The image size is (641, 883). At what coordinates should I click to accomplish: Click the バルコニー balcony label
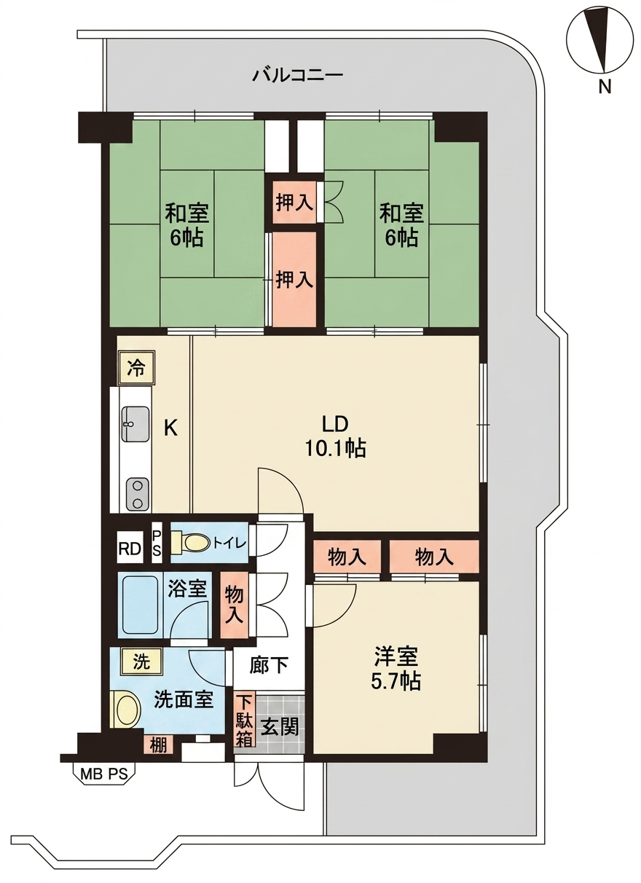point(297,74)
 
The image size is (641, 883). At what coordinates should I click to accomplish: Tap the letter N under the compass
point(605,86)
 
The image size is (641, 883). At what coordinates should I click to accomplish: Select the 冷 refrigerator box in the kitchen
point(136,368)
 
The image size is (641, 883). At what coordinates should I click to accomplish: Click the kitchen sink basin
point(135,424)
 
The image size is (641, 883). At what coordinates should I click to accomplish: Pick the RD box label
point(130,549)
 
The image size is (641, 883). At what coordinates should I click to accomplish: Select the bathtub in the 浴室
point(141,605)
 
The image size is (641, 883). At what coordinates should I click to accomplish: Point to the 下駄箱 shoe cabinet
point(245,726)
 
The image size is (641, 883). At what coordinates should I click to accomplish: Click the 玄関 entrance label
point(280,726)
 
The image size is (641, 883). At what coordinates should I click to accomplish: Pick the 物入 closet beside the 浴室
point(234,605)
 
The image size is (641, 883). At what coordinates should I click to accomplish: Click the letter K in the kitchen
point(170,428)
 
